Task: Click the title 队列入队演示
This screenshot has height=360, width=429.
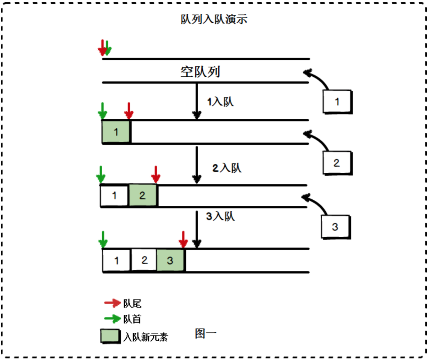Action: (x=214, y=19)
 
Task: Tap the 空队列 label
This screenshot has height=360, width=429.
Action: (x=200, y=72)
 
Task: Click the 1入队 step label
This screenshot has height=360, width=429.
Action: (x=220, y=102)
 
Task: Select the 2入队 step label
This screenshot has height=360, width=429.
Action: (x=227, y=168)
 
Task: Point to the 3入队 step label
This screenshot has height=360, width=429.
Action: (x=220, y=217)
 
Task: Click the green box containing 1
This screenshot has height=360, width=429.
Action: (x=116, y=132)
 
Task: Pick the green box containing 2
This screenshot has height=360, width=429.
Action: (x=143, y=196)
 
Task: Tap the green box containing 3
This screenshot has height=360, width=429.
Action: (x=170, y=260)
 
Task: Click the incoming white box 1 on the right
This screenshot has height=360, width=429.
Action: (x=337, y=102)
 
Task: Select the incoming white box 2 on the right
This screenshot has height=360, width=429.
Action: (x=337, y=163)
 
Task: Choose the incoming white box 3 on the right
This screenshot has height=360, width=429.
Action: (x=335, y=227)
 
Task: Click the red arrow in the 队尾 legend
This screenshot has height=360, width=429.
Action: (x=112, y=303)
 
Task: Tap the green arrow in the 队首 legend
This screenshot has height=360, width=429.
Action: (x=112, y=319)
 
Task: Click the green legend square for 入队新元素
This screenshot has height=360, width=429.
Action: (x=110, y=336)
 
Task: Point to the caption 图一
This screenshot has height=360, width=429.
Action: (x=206, y=333)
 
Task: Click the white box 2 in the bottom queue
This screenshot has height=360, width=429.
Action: (x=144, y=260)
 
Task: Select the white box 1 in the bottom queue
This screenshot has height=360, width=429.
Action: (x=116, y=260)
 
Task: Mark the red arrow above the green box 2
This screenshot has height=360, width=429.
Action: (x=156, y=174)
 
